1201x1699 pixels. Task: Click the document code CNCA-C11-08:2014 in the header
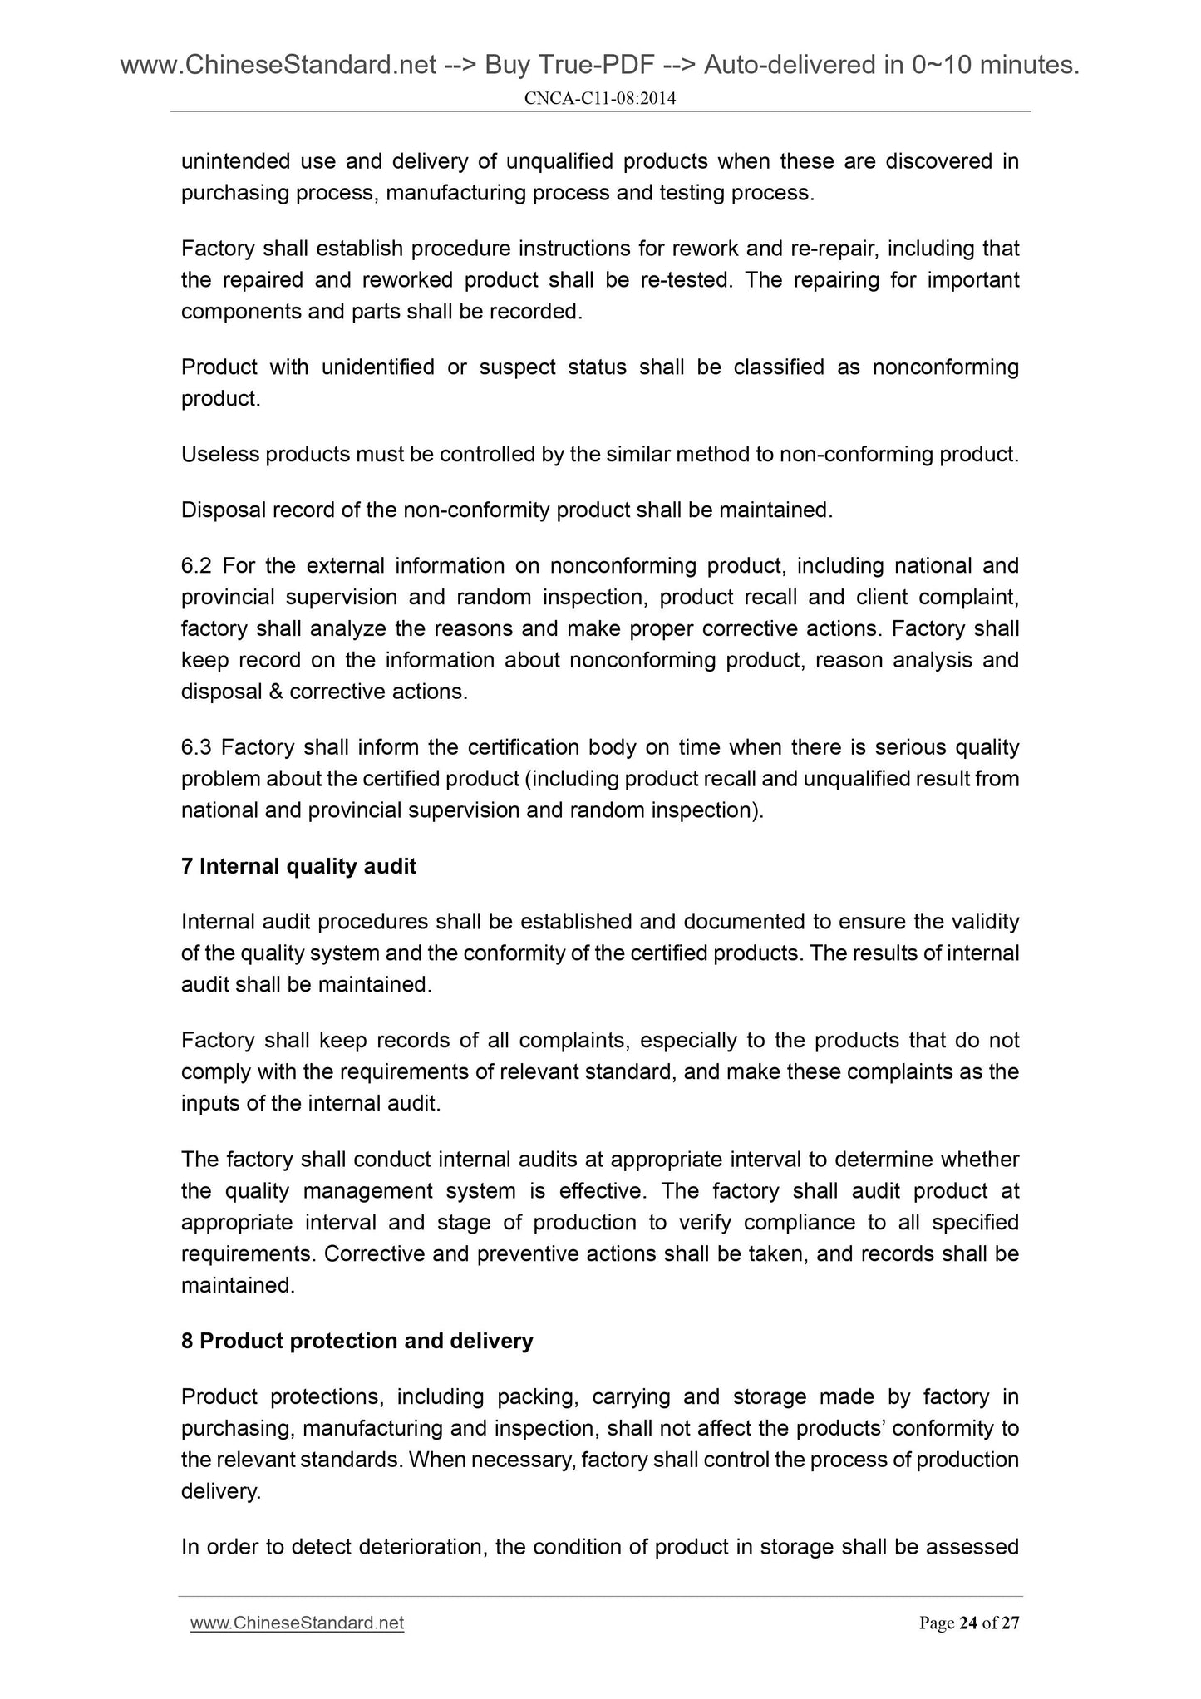pyautogui.click(x=600, y=99)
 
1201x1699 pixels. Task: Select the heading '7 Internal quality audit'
pyautogui.click(x=298, y=866)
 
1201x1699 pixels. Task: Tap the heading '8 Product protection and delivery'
pyautogui.click(x=357, y=1341)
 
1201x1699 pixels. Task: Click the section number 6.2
pyautogui.click(x=196, y=566)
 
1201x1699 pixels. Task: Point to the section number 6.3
pyautogui.click(x=196, y=747)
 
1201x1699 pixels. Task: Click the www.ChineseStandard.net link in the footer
pyautogui.click(x=297, y=1623)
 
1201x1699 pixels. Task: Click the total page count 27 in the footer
pyautogui.click(x=1009, y=1623)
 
